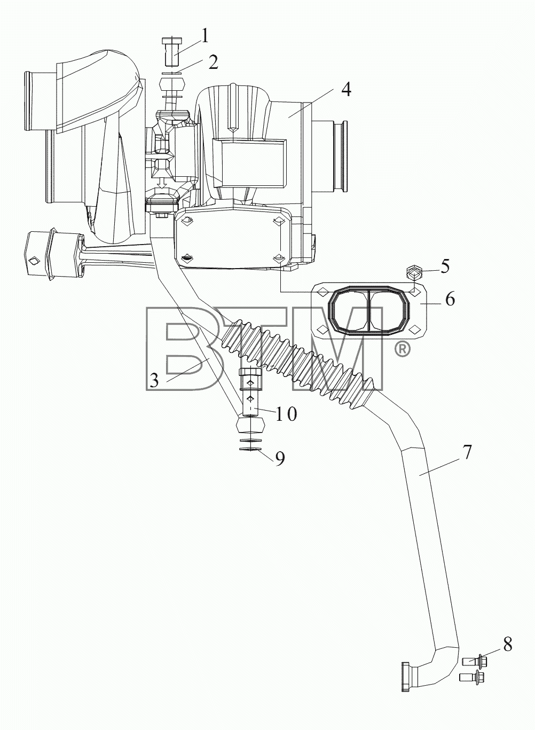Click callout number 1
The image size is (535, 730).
coord(204,36)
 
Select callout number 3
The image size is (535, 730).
coord(154,380)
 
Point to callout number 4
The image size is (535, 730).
coord(346,90)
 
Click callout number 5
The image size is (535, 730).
coord(445,266)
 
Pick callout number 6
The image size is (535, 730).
coord(450,299)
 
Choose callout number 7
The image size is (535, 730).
coord(467,452)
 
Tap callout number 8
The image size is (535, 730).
coord(508,644)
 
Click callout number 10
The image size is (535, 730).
coord(286,413)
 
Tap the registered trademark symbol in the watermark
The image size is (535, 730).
coord(402,350)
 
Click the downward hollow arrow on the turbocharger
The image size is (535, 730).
coord(162,183)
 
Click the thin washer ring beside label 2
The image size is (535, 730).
coord(172,74)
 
